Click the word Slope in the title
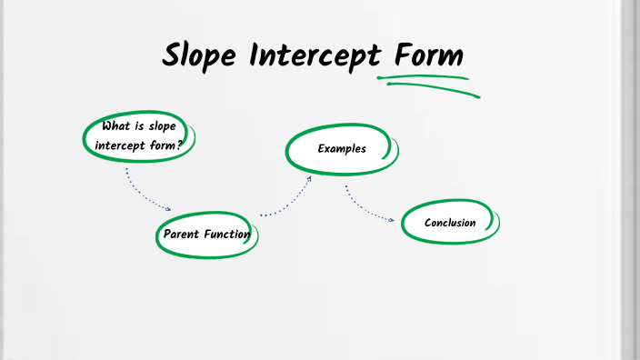(200, 55)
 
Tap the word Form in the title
(428, 55)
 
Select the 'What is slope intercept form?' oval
(139, 135)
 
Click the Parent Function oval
(206, 234)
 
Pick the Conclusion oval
(450, 223)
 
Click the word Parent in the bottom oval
(181, 235)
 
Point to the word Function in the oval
(227, 235)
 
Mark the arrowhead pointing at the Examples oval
(309, 179)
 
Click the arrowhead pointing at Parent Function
(167, 208)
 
